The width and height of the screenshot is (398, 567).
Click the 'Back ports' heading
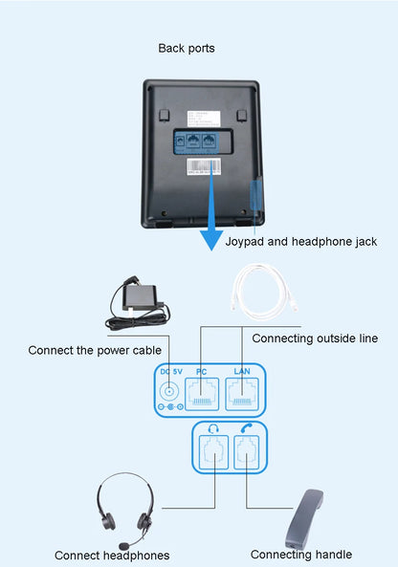point(186,48)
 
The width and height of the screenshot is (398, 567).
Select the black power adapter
point(136,299)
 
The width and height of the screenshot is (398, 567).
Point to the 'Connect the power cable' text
point(94,350)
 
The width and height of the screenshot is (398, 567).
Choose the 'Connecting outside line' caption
point(314,338)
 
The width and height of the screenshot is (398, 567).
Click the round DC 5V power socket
point(170,390)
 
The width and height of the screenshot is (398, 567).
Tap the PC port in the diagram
point(202,391)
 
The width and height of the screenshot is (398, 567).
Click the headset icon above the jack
point(214,427)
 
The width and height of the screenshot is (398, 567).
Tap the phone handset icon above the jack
point(247,427)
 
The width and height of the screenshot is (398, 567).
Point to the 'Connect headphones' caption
point(112,556)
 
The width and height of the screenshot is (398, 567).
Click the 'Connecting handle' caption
point(300,555)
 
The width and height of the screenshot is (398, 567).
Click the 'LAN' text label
point(241,370)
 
